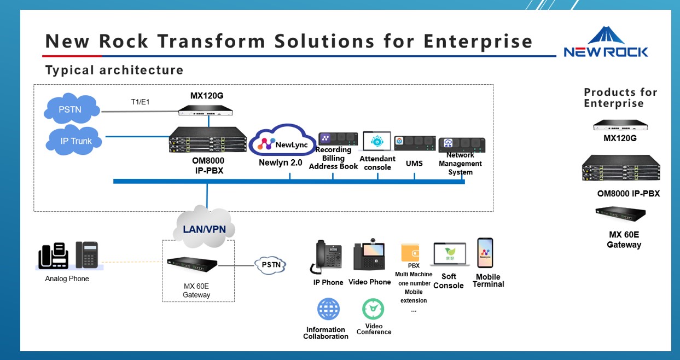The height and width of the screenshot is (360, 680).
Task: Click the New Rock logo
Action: [x=606, y=42]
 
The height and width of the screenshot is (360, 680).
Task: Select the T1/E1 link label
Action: [x=140, y=102]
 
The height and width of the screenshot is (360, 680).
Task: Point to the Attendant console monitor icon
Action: [x=376, y=141]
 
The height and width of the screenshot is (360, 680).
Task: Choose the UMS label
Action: [x=414, y=163]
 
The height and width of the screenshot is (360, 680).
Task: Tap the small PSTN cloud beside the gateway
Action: [x=271, y=265]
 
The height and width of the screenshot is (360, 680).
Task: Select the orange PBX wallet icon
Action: [x=410, y=252]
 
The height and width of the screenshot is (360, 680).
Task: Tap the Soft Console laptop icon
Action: [x=449, y=255]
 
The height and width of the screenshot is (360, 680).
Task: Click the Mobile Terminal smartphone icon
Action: [x=485, y=253]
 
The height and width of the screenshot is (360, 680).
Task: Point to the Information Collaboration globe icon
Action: [x=328, y=309]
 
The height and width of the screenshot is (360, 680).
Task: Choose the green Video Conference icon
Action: [x=373, y=309]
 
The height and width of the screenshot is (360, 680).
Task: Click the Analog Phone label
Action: [x=67, y=278]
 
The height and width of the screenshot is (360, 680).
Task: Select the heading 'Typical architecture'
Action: [x=114, y=70]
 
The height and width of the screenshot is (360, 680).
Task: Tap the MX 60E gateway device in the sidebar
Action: [x=621, y=213]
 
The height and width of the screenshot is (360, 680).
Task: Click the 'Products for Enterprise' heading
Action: [x=620, y=97]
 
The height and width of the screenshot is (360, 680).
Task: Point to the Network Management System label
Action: [x=460, y=164]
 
